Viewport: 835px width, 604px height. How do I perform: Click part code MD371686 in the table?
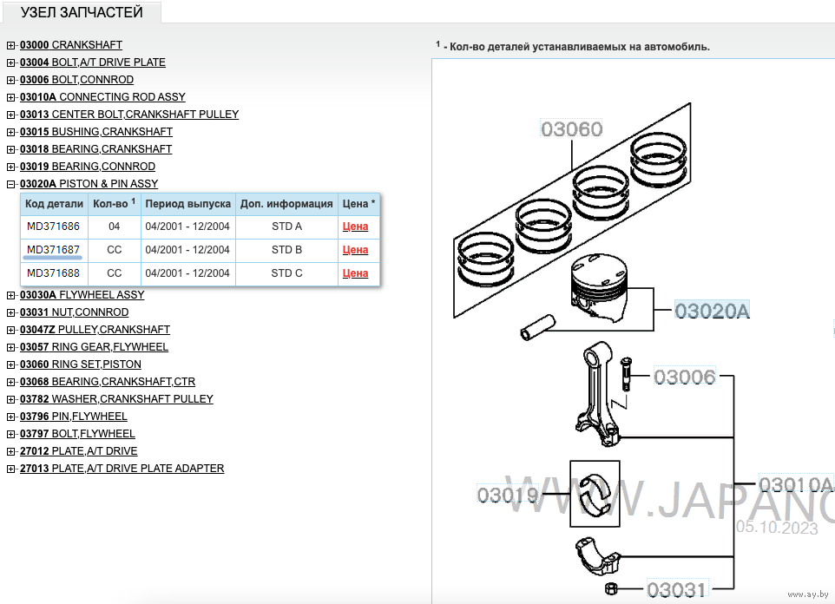point(53,226)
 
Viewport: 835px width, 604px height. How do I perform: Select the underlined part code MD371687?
point(53,250)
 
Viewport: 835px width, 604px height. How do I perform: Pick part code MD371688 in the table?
point(53,273)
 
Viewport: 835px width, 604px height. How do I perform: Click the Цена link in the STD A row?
point(355,226)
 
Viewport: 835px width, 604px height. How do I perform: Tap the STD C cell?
point(286,273)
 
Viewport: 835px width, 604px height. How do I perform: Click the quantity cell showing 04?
point(114,226)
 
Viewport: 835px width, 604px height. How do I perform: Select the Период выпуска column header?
point(187,204)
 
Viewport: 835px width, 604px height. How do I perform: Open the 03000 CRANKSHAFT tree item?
point(71,45)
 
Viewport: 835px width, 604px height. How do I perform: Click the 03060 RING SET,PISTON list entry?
point(80,364)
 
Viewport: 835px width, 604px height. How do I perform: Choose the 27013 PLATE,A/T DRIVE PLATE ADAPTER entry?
point(122,469)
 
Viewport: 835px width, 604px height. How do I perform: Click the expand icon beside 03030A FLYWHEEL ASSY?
point(10,295)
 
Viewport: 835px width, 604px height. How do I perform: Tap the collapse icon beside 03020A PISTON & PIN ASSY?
point(10,184)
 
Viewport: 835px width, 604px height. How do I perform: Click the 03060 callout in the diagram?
point(571,129)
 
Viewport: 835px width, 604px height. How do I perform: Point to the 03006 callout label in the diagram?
point(684,377)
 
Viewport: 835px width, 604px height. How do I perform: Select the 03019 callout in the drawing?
point(508,496)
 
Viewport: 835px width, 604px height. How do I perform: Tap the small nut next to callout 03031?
point(611,590)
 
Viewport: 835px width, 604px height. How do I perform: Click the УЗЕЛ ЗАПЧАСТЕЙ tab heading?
point(81,12)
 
